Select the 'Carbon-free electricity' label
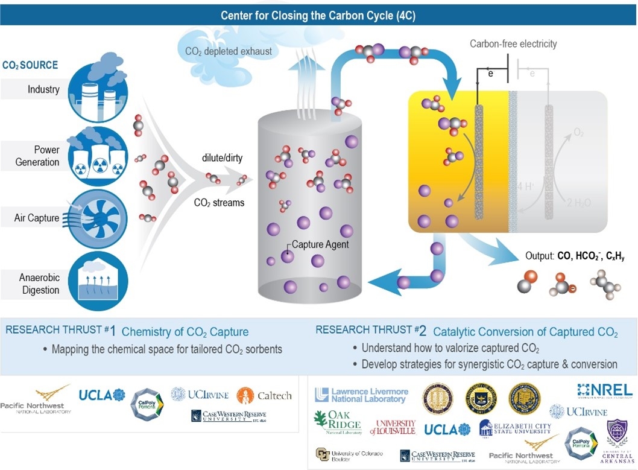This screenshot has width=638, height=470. (513, 43)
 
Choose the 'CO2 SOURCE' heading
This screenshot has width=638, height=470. (31, 65)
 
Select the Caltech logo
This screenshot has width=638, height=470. (265, 396)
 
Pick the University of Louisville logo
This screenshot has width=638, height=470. (393, 427)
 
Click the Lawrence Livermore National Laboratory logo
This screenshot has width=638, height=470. (361, 395)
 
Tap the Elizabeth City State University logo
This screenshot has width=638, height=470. (515, 428)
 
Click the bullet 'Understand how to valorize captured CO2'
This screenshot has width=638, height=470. (450, 348)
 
